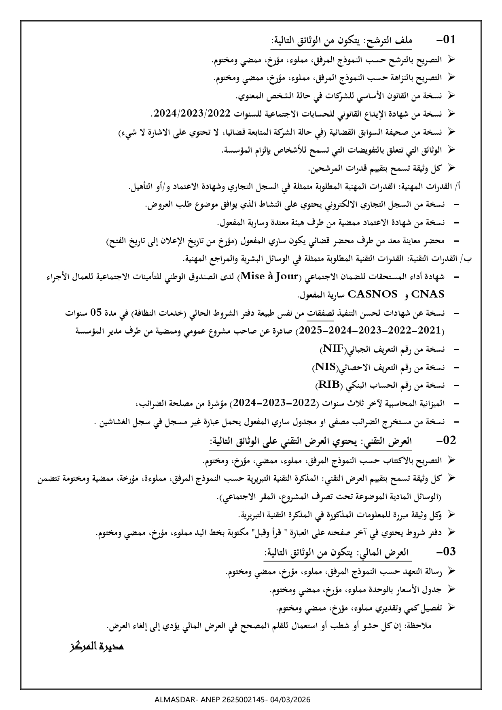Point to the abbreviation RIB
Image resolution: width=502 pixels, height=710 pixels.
pos(328,385)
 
